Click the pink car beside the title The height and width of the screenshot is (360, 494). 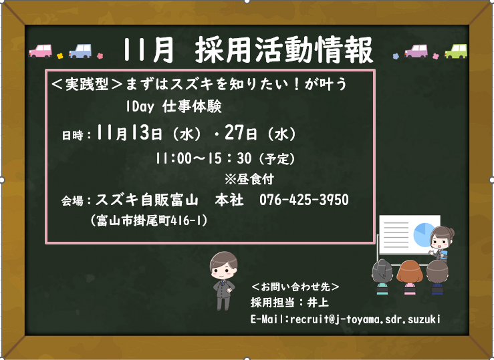click(40, 51)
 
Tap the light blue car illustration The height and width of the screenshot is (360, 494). click(80, 51)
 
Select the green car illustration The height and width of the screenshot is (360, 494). click(456, 51)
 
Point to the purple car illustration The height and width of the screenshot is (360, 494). click(416, 51)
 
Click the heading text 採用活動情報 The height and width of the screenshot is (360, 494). click(284, 49)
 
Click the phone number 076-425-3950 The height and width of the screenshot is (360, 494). click(304, 200)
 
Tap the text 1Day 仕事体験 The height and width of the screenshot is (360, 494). click(174, 107)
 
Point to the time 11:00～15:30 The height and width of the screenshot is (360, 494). click(203, 158)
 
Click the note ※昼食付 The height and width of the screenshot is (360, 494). click(249, 179)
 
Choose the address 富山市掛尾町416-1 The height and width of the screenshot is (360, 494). click(149, 220)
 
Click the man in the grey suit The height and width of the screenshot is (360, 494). click(223, 281)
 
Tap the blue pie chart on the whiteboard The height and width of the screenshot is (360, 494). click(424, 234)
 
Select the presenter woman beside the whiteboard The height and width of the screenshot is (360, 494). click(442, 244)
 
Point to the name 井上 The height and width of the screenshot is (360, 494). click(318, 303)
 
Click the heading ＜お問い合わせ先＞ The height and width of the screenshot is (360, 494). click(295, 287)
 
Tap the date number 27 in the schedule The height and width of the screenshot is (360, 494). click(234, 132)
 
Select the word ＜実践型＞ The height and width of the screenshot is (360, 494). click(87, 84)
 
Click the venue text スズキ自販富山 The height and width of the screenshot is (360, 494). click(147, 200)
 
